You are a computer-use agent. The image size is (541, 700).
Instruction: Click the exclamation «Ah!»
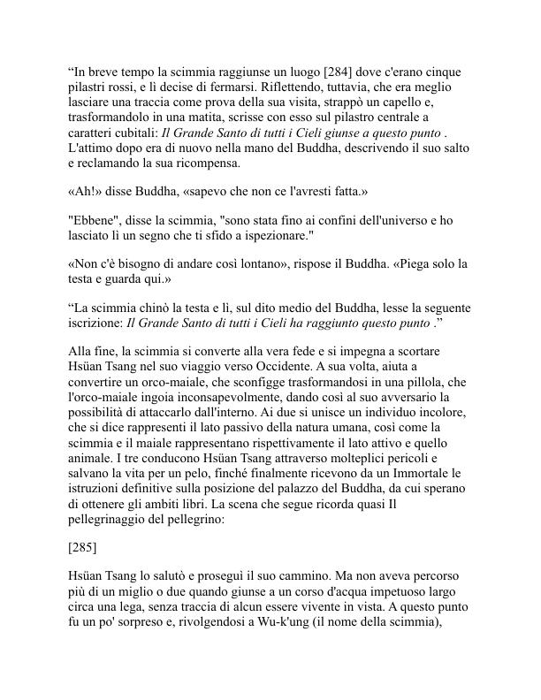pyautogui.click(x=84, y=190)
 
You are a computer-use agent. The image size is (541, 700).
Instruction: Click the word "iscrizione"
pyautogui.click(x=93, y=324)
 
